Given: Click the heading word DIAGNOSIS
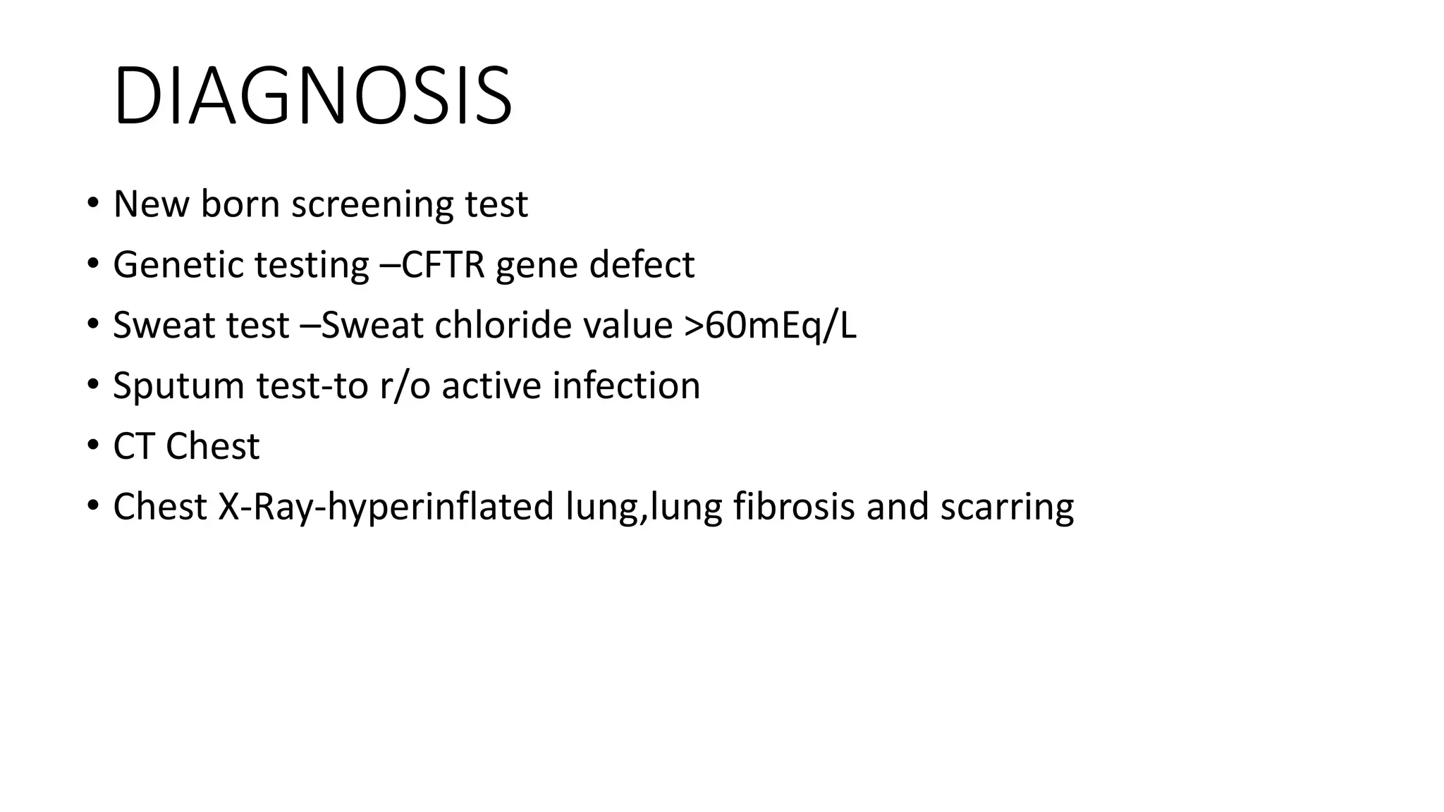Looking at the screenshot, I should click(312, 96).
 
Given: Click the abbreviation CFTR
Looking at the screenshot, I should click(443, 265).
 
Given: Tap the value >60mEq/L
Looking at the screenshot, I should click(770, 326).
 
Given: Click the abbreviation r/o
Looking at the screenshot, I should click(405, 386).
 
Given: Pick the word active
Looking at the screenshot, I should click(491, 386).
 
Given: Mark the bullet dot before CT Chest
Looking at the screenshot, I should click(92, 446).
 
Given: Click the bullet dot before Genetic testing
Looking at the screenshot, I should click(92, 264).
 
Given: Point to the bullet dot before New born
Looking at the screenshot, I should click(92, 204).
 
